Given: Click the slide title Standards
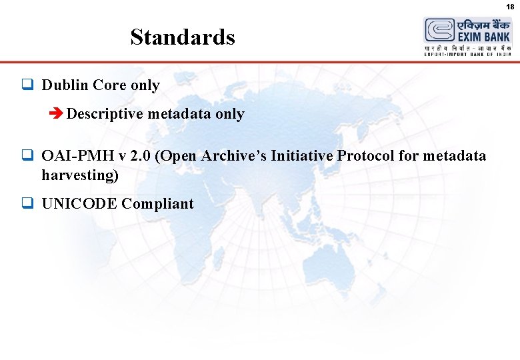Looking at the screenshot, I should click(183, 37).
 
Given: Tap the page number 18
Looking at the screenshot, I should click(510, 6).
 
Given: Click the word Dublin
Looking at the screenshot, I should click(65, 85).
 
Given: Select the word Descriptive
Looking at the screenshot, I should click(105, 114).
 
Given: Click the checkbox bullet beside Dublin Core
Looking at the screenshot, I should click(27, 85).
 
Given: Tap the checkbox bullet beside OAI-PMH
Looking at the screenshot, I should click(27, 156).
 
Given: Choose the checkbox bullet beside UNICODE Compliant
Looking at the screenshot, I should click(27, 204).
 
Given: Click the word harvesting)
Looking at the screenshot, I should click(80, 175).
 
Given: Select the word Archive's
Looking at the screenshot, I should click(233, 156).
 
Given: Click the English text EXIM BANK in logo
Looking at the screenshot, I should click(483, 38).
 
